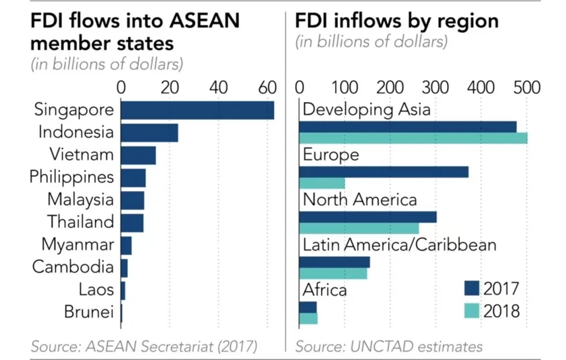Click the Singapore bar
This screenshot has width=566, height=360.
tap(197, 110)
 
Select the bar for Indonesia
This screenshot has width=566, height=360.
tap(149, 133)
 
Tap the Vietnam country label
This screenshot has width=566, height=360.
tap(81, 155)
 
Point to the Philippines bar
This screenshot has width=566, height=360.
tap(133, 178)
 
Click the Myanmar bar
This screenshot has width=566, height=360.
tap(126, 245)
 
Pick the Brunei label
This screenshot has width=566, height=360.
tap(89, 312)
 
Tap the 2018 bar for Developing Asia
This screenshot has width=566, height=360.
tap(413, 138)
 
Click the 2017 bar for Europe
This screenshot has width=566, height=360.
tap(384, 172)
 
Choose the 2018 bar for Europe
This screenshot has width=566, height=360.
tap(322, 183)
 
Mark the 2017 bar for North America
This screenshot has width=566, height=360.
tap(368, 217)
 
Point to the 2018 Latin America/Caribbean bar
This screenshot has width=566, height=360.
tap(333, 273)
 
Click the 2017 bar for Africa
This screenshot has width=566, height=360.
tap(308, 307)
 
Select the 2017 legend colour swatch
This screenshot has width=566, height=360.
tap(471, 289)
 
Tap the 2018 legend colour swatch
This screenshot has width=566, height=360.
tap(471, 311)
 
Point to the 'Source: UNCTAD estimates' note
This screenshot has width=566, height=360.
tap(389, 347)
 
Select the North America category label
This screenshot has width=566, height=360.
tap(360, 199)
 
